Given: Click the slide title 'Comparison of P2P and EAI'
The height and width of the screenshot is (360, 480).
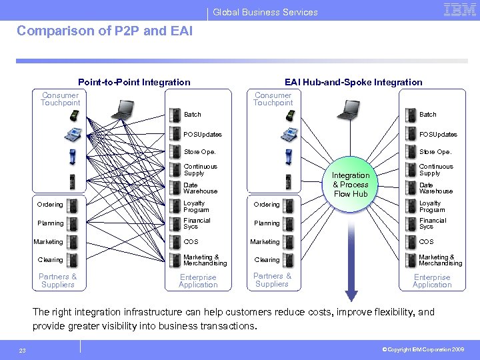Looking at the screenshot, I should tap(104, 31).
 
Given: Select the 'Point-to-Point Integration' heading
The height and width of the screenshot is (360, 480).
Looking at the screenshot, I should tap(134, 82).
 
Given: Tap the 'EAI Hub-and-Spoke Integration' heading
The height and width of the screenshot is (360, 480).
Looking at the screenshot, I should tap(353, 82).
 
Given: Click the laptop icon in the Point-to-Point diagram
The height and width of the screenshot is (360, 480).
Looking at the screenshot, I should tap(124, 109).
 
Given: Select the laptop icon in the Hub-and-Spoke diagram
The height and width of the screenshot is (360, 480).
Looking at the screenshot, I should tap(349, 109).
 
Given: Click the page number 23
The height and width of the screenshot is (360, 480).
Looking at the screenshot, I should tap(22, 349).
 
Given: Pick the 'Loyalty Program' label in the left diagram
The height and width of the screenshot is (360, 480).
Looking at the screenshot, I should tap(195, 206).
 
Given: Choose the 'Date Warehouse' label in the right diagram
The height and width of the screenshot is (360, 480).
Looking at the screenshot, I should tap(435, 188).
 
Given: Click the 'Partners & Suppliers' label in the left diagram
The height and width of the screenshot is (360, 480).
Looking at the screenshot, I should tap(57, 281).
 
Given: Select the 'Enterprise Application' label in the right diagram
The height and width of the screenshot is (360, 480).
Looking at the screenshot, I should tap(432, 281).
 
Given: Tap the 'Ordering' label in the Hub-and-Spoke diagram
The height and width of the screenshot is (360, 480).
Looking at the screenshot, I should tap(267, 205).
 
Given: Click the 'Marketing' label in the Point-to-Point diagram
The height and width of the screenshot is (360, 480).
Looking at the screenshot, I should tap(49, 242).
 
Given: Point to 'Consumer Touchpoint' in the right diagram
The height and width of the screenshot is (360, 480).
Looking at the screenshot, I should tap(273, 99).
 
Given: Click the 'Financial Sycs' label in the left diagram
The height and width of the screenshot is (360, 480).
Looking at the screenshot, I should tap(197, 223).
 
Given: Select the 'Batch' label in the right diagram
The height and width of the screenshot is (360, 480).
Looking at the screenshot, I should tap(427, 115).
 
